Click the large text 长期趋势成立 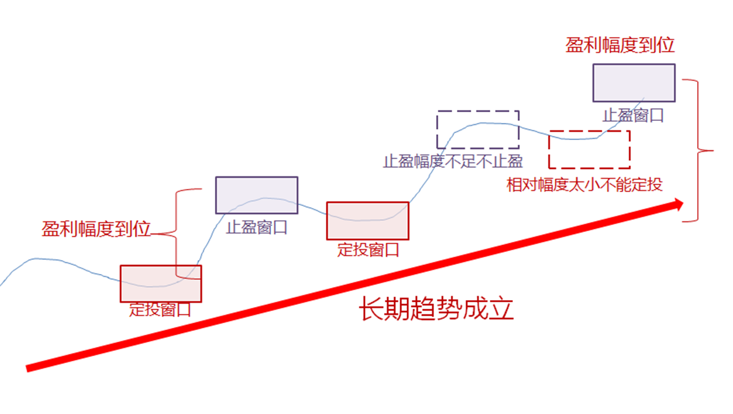[x=436, y=309]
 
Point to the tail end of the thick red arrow [x=27, y=368]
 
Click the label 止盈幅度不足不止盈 [x=453, y=161]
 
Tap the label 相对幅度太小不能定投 [x=585, y=184]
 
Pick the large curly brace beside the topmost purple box [x=698, y=150]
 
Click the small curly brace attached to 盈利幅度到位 [x=176, y=234]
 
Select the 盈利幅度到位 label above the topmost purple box [x=620, y=45]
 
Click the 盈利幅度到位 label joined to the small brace [x=96, y=228]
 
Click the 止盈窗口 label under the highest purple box [x=633, y=116]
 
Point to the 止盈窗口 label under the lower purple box [x=256, y=228]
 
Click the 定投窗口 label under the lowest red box [x=160, y=309]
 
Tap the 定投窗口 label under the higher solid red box [x=368, y=250]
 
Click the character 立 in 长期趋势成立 [x=501, y=309]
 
